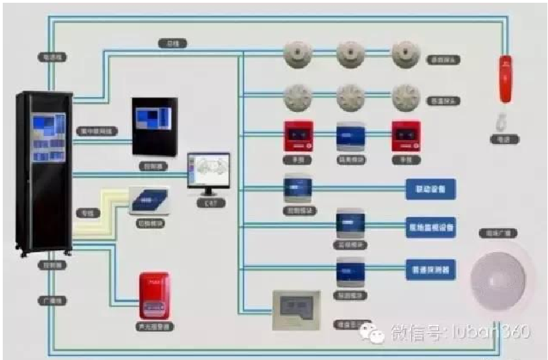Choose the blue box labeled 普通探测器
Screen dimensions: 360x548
tap(431, 270)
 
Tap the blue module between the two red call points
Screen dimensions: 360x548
tap(350, 135)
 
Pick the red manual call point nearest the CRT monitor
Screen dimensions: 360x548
tap(298, 135)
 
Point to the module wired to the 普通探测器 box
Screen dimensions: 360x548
tap(350, 271)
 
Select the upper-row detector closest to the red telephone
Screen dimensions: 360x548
tap(405, 54)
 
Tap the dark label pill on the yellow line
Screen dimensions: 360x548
tap(89, 214)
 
